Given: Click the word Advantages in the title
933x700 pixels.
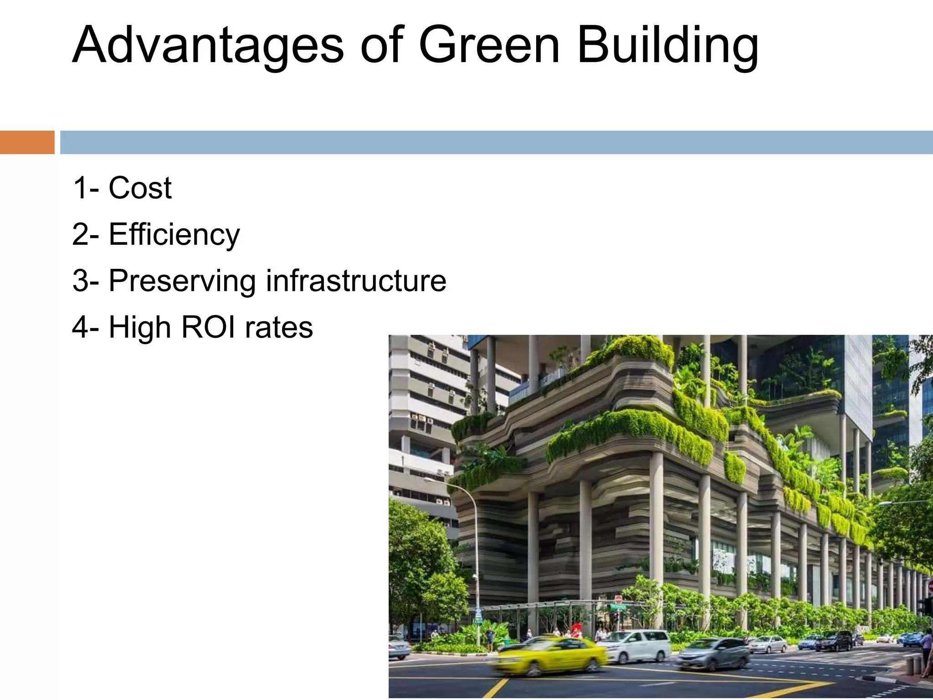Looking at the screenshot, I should [208, 46].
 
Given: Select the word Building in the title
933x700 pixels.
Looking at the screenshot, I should [668, 46].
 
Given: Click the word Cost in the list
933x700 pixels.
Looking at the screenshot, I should [140, 188].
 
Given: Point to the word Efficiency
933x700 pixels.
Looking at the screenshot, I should [174, 235].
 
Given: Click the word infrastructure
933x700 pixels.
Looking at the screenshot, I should [356, 281].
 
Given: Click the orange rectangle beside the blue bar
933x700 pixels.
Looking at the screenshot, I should [27, 142].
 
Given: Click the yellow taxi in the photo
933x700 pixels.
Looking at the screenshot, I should [551, 656].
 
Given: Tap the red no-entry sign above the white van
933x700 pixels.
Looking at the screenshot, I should [618, 598].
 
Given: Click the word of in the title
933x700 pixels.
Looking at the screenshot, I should [382, 46].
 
